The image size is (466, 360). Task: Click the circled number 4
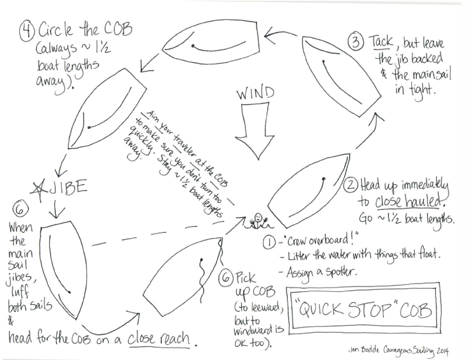27,32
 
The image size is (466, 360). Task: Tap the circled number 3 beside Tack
356,42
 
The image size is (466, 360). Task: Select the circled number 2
351,185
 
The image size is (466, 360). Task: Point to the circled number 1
269,243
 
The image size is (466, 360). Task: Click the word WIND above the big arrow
255,94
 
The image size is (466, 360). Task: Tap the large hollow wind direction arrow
255,131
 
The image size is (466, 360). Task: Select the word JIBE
68,188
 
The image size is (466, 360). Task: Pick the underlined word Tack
381,42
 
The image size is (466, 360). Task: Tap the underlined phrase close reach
159,339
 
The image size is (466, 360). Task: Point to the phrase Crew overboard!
322,240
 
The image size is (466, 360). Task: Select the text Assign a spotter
321,272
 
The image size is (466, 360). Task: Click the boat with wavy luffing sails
184,272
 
